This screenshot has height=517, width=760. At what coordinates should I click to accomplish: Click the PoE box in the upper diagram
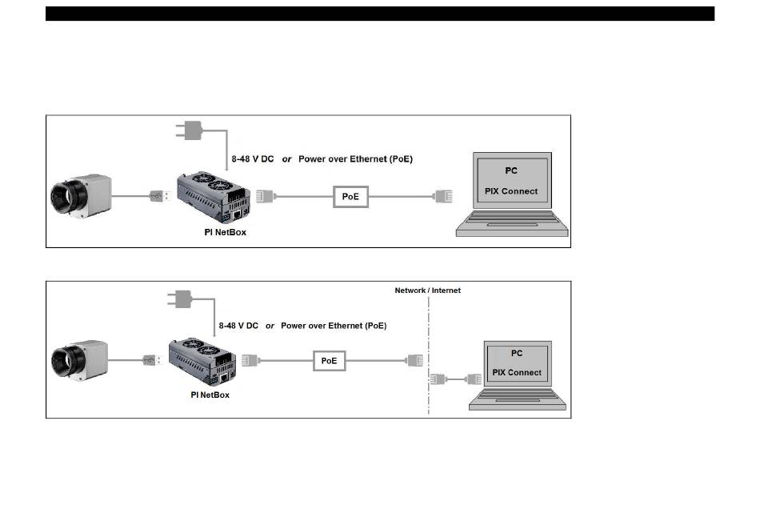pyautogui.click(x=350, y=196)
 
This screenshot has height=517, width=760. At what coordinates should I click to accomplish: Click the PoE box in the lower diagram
pyautogui.click(x=329, y=361)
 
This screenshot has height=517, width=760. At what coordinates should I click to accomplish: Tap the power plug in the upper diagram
pyautogui.click(x=192, y=130)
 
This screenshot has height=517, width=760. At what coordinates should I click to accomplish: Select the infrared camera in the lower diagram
pyautogui.click(x=79, y=361)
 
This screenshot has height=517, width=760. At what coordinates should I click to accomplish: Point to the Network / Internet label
pyautogui.click(x=427, y=291)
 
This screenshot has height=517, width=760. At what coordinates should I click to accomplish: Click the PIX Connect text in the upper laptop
pyautogui.click(x=511, y=192)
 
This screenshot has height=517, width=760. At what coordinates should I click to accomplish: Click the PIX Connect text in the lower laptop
pyautogui.click(x=517, y=372)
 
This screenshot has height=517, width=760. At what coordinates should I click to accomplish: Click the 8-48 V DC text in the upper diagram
pyautogui.click(x=252, y=159)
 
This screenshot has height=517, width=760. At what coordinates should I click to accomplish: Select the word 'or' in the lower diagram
pyautogui.click(x=270, y=326)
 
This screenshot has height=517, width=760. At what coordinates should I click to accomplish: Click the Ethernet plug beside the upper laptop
pyautogui.click(x=443, y=196)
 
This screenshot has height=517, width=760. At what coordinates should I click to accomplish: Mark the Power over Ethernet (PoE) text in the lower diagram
pyautogui.click(x=333, y=326)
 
